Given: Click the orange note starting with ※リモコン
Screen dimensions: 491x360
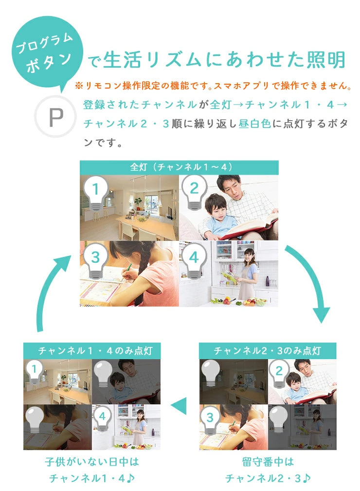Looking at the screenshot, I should coord(213,86).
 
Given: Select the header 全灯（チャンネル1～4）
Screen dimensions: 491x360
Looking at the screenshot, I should coord(179,167).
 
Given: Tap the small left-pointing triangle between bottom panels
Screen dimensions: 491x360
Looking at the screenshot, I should coord(179,405).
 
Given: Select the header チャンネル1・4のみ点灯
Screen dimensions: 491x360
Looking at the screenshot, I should coord(92,350).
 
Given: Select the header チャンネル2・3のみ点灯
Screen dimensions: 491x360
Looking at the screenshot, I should coord(268,350).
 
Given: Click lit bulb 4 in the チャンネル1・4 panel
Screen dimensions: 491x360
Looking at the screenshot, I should coord(103,418).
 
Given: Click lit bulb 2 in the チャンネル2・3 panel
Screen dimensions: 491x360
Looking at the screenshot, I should coord(279,373).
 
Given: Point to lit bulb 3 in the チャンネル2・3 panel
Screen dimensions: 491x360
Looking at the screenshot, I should coord(210,419).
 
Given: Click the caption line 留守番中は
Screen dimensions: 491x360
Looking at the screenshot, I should coord(268,461).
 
